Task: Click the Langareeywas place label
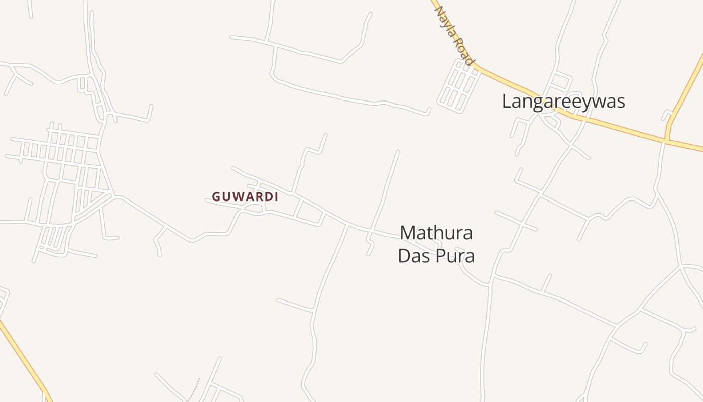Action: point(563,102)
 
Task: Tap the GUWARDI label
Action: point(245,197)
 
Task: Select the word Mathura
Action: point(436,233)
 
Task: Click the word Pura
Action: point(455,256)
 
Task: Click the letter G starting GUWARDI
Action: point(216,197)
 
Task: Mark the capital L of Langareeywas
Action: point(507,102)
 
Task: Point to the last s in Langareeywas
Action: point(621,102)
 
